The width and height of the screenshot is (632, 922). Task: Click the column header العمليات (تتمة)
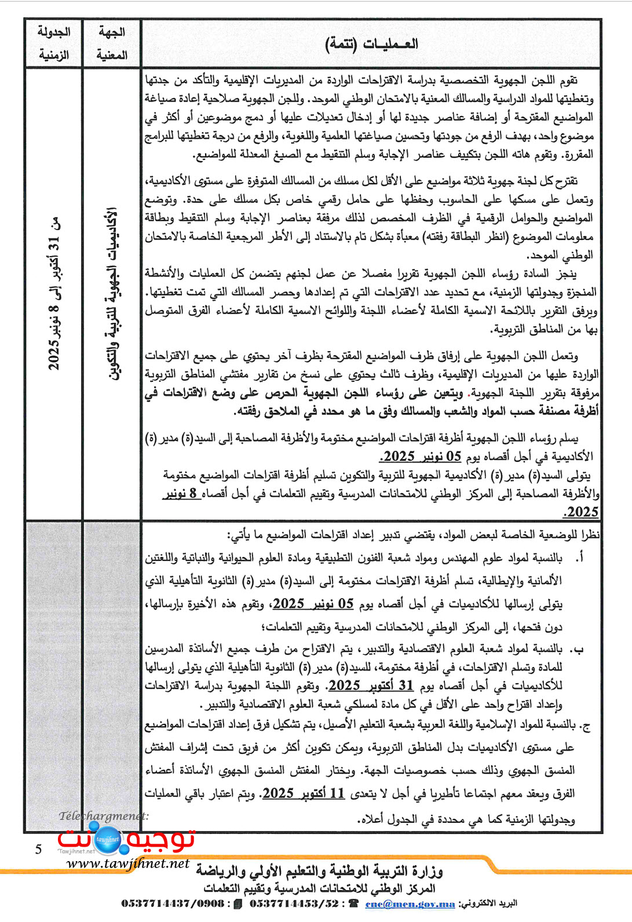[x=371, y=44]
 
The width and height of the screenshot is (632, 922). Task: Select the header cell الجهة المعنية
[x=112, y=43]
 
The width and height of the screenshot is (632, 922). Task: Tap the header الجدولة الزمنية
[x=53, y=43]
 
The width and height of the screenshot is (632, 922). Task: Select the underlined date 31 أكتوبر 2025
[x=371, y=686]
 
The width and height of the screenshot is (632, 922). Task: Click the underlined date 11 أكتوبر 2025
[x=304, y=793]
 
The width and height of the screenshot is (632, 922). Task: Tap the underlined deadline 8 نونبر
[x=181, y=494]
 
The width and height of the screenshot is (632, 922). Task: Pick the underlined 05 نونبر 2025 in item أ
[x=313, y=604]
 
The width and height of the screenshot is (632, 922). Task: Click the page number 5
[x=38, y=850]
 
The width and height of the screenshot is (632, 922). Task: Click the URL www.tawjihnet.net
[x=128, y=863]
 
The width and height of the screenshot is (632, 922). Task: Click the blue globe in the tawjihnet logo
[x=107, y=839]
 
